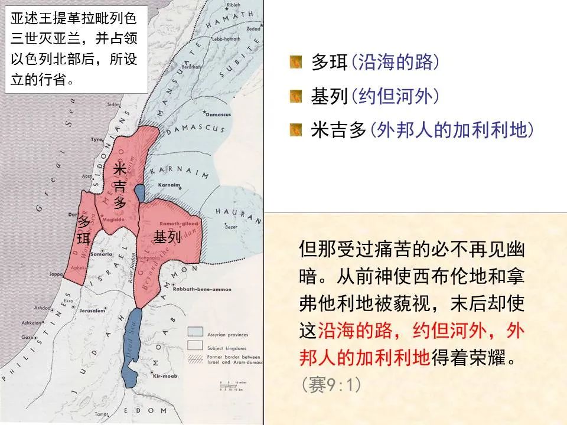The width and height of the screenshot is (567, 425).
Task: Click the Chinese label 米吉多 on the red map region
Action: (x=120, y=186)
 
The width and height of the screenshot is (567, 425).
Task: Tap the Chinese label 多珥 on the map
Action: (x=84, y=231)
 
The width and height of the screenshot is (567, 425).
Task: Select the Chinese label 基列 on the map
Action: (x=167, y=237)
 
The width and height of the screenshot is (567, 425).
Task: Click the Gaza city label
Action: (x=27, y=337)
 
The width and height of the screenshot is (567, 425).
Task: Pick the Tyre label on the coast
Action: (x=97, y=140)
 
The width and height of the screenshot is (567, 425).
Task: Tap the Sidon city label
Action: (x=113, y=104)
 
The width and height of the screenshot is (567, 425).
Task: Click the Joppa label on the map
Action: (x=57, y=274)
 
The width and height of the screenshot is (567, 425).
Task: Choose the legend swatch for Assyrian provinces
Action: (x=195, y=332)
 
